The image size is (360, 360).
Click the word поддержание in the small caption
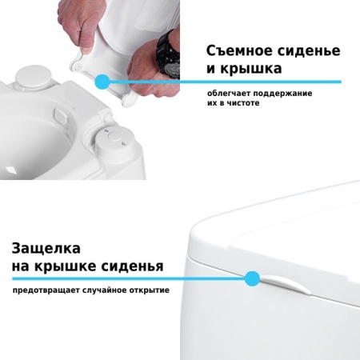[x=282, y=94]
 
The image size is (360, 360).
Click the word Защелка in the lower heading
[x=46, y=249]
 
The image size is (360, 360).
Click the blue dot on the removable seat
[x=102, y=81]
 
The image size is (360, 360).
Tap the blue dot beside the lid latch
[x=252, y=278]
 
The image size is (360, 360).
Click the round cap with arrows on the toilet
[x=113, y=142]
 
